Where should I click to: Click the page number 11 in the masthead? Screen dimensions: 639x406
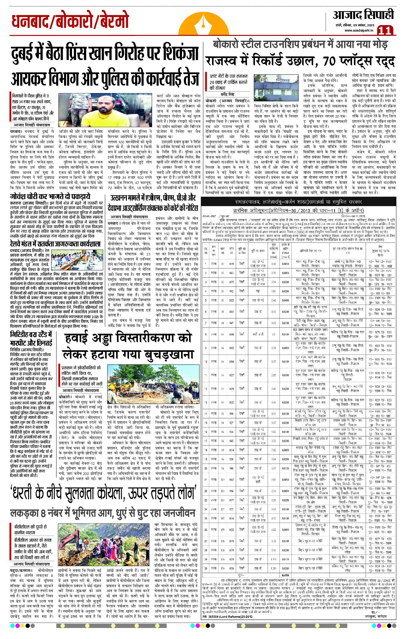pos(385,30)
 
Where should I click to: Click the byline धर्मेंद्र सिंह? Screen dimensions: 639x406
pos(227,94)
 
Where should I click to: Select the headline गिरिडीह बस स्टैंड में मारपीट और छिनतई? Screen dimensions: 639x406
pos(31,338)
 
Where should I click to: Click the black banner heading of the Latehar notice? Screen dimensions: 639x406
pos(298,202)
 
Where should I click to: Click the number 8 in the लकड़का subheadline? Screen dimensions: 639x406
pos(44,513)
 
